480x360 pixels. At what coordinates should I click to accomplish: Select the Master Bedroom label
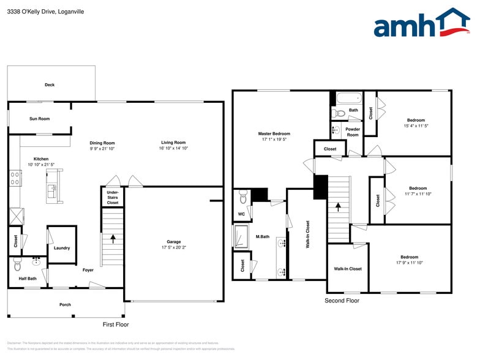[274, 133]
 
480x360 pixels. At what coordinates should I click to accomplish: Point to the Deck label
[50, 85]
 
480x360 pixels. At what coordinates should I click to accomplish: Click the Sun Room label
[40, 119]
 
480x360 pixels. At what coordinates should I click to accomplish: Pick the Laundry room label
[62, 248]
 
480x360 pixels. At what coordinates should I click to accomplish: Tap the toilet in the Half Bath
[17, 266]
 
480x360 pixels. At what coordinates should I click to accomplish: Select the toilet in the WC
[243, 197]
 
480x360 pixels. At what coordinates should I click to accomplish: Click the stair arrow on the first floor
[113, 238]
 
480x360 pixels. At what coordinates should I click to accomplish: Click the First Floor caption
[115, 324]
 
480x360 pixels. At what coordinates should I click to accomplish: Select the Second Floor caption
[342, 301]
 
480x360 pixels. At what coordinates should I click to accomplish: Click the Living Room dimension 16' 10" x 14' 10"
[173, 148]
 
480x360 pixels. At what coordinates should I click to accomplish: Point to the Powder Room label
[353, 132]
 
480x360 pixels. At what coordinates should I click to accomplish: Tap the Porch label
[65, 304]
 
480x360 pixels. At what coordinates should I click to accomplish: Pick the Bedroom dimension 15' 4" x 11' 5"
[416, 126]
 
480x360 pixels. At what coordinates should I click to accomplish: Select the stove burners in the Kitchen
[15, 178]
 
